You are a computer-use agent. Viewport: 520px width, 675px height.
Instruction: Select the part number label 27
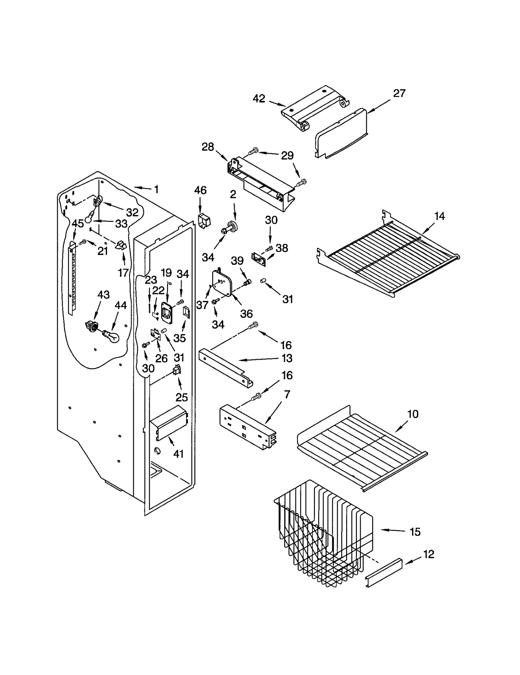(399, 94)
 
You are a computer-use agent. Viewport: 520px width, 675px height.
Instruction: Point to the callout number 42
(259, 99)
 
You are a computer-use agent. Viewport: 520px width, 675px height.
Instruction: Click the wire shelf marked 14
(387, 257)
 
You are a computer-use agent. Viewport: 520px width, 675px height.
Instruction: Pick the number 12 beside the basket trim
(429, 554)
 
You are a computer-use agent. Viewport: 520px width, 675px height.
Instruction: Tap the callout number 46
(200, 190)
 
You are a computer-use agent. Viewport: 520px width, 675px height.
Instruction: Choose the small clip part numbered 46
(204, 221)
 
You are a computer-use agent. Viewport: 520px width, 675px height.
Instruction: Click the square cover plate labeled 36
(222, 283)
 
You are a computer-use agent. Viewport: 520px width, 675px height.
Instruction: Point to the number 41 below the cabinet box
(178, 454)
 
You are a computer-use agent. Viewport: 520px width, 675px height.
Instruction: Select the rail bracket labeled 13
(226, 368)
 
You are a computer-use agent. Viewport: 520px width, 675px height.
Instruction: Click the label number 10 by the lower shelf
(413, 414)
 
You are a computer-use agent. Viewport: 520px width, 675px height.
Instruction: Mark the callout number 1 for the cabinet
(156, 189)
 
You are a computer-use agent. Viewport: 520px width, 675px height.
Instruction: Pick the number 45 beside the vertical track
(78, 223)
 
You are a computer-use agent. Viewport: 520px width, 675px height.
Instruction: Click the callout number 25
(182, 397)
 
